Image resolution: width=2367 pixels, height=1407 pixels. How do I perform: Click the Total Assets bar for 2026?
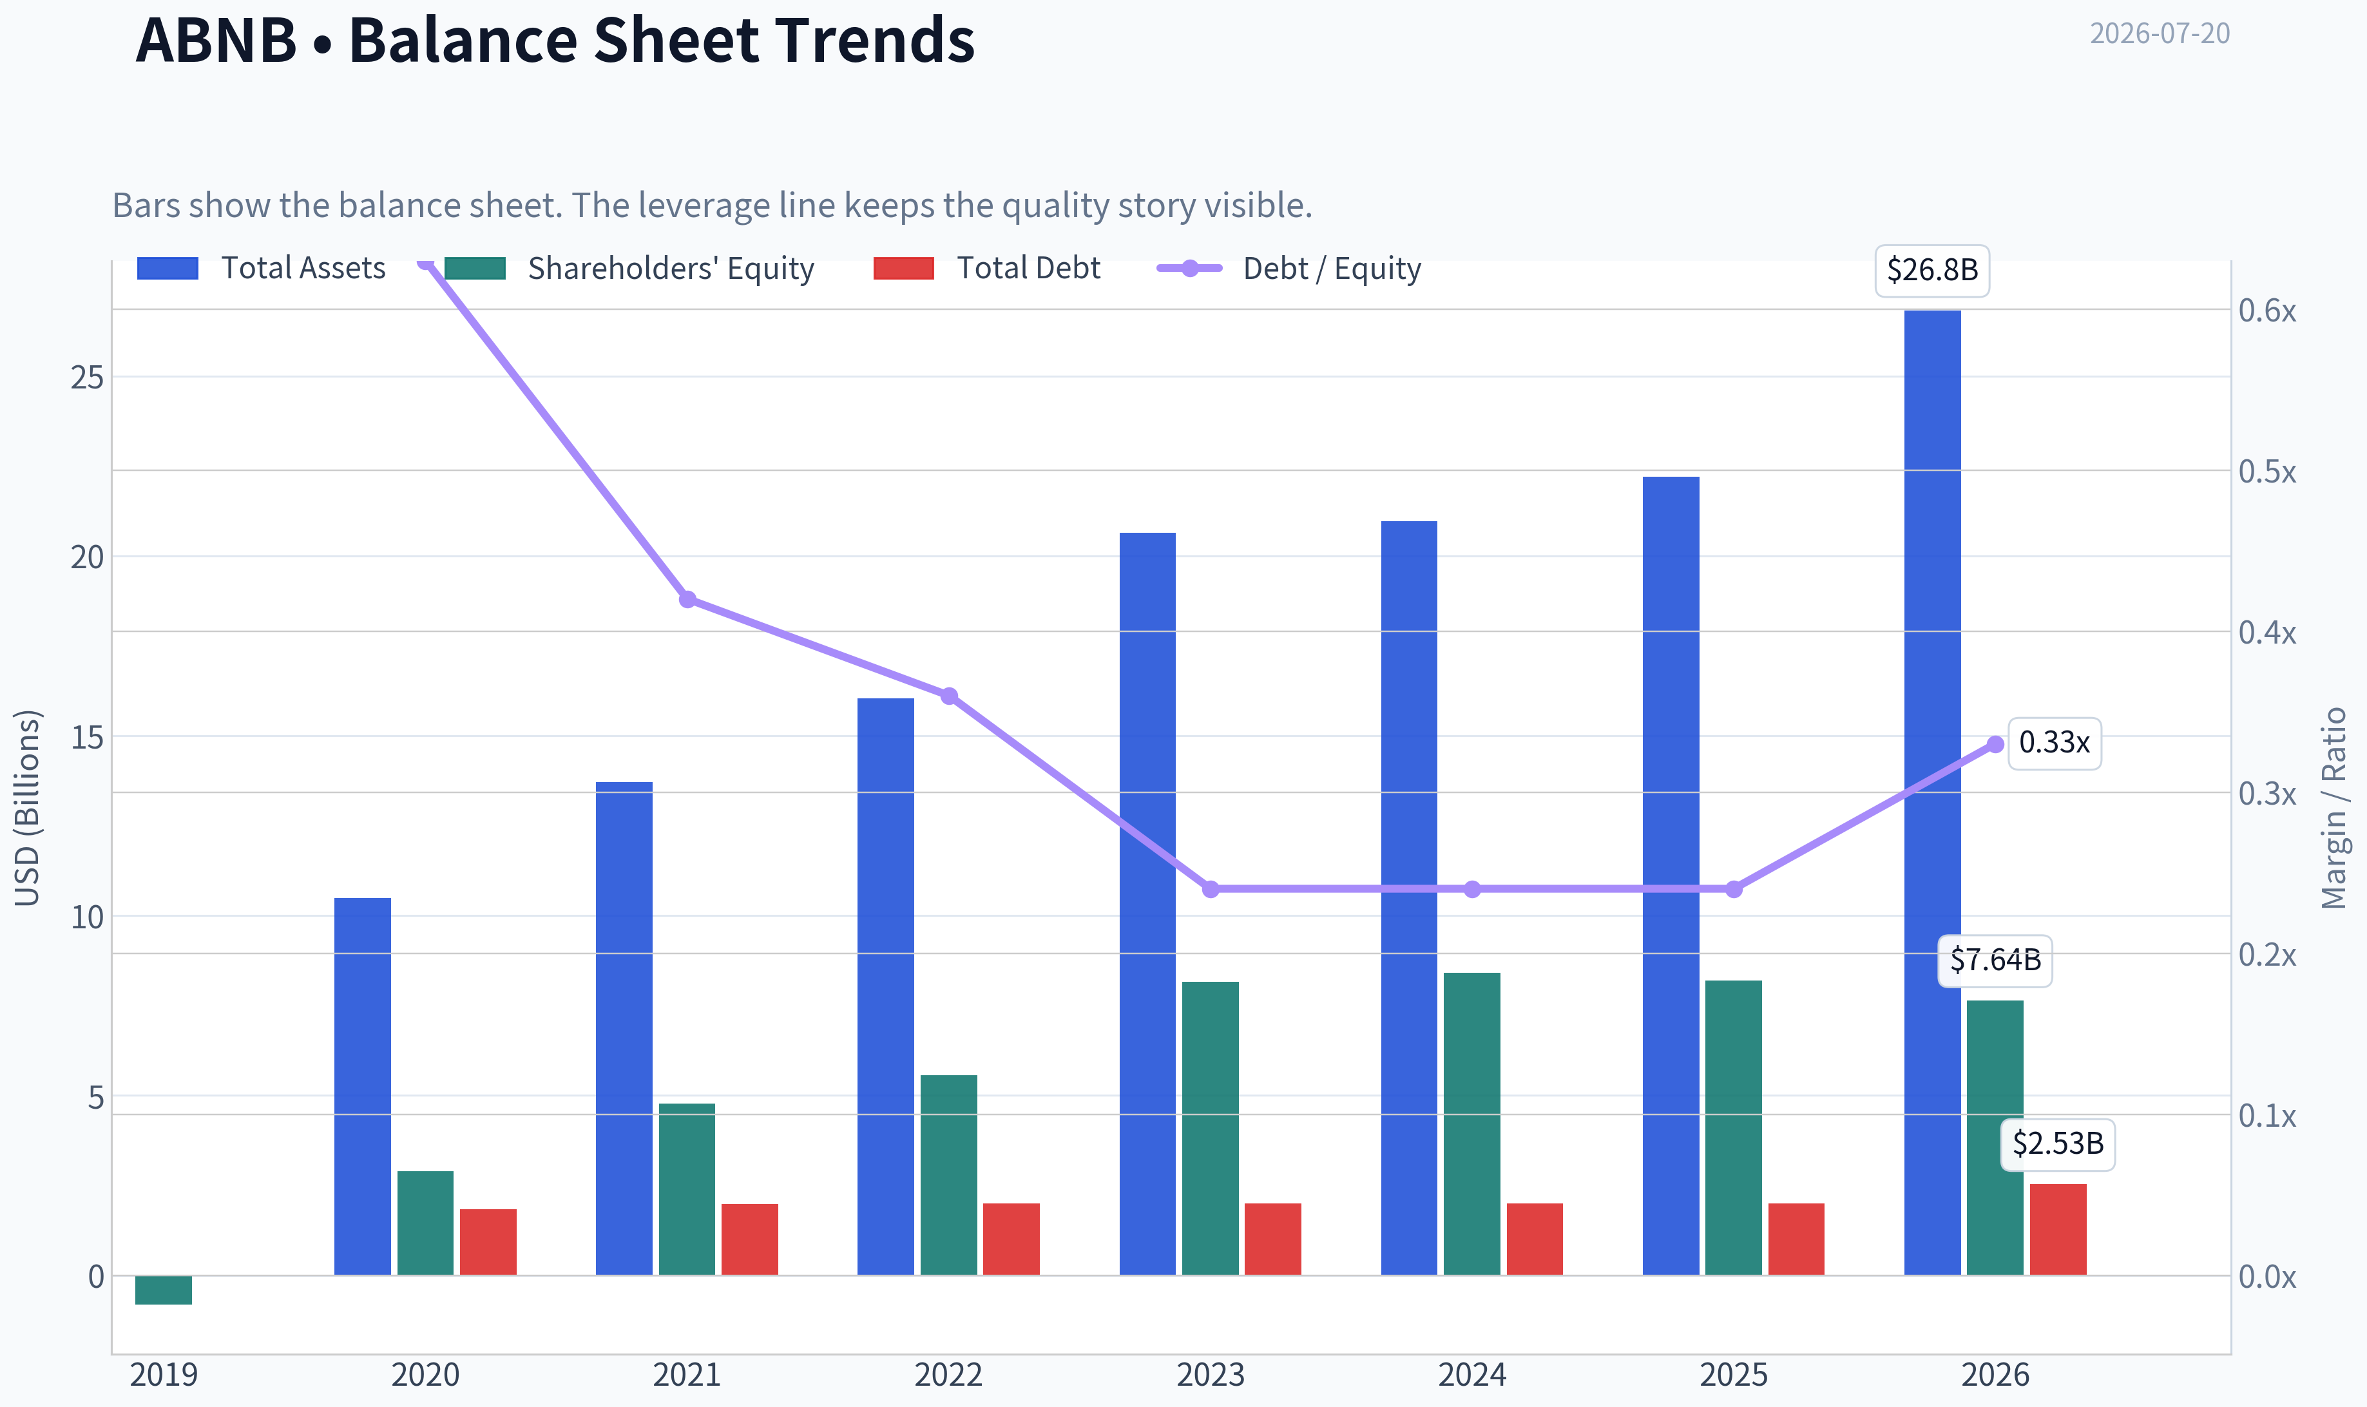(1932, 792)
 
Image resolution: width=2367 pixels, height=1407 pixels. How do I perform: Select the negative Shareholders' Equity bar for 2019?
(163, 1290)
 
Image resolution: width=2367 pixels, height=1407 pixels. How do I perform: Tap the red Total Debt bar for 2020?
(488, 1242)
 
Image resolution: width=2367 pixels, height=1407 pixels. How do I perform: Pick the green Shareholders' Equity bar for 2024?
(1471, 1124)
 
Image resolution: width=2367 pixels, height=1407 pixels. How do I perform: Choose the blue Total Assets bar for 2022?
(885, 987)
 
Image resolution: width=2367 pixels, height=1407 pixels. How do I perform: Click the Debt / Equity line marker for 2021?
(687, 599)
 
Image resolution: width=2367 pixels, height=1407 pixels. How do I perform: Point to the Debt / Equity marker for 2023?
(1211, 889)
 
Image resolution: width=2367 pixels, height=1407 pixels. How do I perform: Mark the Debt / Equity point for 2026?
(1995, 744)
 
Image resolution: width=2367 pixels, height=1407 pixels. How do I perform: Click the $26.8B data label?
(1932, 270)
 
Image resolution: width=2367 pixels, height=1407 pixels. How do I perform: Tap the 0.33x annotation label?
(2054, 742)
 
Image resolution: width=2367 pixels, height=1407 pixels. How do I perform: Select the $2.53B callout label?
(2058, 1144)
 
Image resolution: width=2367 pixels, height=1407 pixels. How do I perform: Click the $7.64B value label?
(1995, 961)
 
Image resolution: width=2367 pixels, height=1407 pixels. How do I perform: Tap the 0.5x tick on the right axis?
(2266, 471)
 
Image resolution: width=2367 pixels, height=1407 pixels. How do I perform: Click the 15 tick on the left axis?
(87, 737)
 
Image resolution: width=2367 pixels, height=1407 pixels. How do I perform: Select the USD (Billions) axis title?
(28, 808)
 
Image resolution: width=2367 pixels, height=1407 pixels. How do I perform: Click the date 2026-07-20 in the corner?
(2160, 33)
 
